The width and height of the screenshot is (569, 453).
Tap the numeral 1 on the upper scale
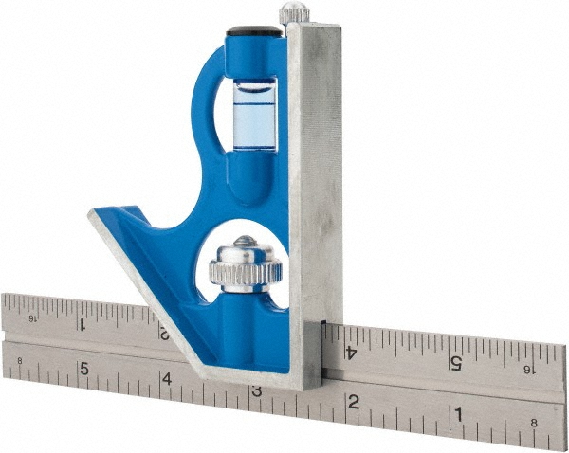(83, 322)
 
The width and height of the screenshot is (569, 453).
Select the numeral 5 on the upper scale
(455, 362)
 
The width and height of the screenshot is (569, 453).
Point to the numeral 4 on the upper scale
(352, 352)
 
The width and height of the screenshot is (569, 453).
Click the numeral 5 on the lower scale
(83, 369)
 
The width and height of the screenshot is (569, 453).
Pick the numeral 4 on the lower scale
(166, 380)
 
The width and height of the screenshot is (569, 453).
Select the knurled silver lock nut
(245, 267)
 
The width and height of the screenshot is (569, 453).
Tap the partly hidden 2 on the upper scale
(167, 334)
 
